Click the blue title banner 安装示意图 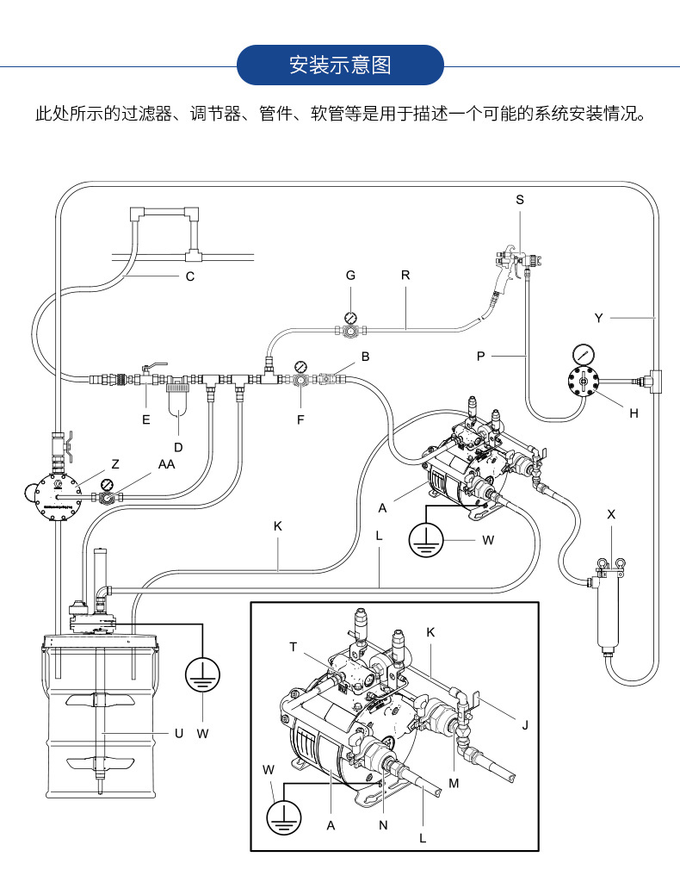click(340, 65)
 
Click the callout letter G click(350, 276)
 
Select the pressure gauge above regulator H click(583, 354)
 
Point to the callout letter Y click(599, 318)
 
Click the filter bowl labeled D click(179, 402)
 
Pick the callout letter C click(190, 276)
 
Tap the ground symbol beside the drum click(202, 672)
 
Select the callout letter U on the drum click(179, 733)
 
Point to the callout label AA click(166, 464)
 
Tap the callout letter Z click(114, 464)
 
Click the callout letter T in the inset click(294, 646)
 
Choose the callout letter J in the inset click(524, 724)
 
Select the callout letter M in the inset click(453, 783)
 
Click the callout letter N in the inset click(383, 824)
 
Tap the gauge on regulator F click(300, 365)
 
